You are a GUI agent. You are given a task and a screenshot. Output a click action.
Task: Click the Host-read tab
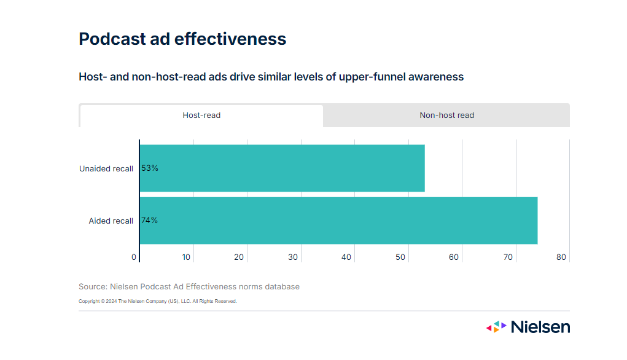(201, 115)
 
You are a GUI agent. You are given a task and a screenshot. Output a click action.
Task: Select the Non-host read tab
(446, 115)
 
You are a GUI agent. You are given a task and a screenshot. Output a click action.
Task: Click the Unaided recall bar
(282, 168)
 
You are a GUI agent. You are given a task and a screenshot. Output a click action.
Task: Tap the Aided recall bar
(338, 221)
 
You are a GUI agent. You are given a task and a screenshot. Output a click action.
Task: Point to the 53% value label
(150, 168)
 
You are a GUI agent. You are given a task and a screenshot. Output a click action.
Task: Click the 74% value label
(150, 221)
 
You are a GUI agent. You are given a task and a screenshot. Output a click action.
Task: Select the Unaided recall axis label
(106, 169)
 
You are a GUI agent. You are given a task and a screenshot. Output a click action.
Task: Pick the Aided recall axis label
(111, 221)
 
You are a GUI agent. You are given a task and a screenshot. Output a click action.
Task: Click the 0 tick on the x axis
(134, 257)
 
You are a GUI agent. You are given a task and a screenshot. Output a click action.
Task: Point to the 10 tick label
(186, 257)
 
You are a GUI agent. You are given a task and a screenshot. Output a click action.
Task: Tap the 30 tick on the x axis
(293, 257)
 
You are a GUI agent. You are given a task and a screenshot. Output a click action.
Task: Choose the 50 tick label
(400, 257)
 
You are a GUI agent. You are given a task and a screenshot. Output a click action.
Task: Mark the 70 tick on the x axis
(508, 257)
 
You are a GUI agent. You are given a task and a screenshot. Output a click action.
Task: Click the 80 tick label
(561, 257)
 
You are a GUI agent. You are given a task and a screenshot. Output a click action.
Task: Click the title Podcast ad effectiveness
(182, 39)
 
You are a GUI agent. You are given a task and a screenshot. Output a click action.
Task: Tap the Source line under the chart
(189, 287)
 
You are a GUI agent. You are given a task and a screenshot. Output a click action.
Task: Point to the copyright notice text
(158, 302)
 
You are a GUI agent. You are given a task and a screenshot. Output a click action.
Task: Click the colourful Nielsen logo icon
(496, 327)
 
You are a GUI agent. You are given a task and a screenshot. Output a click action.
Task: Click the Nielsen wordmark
(540, 327)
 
